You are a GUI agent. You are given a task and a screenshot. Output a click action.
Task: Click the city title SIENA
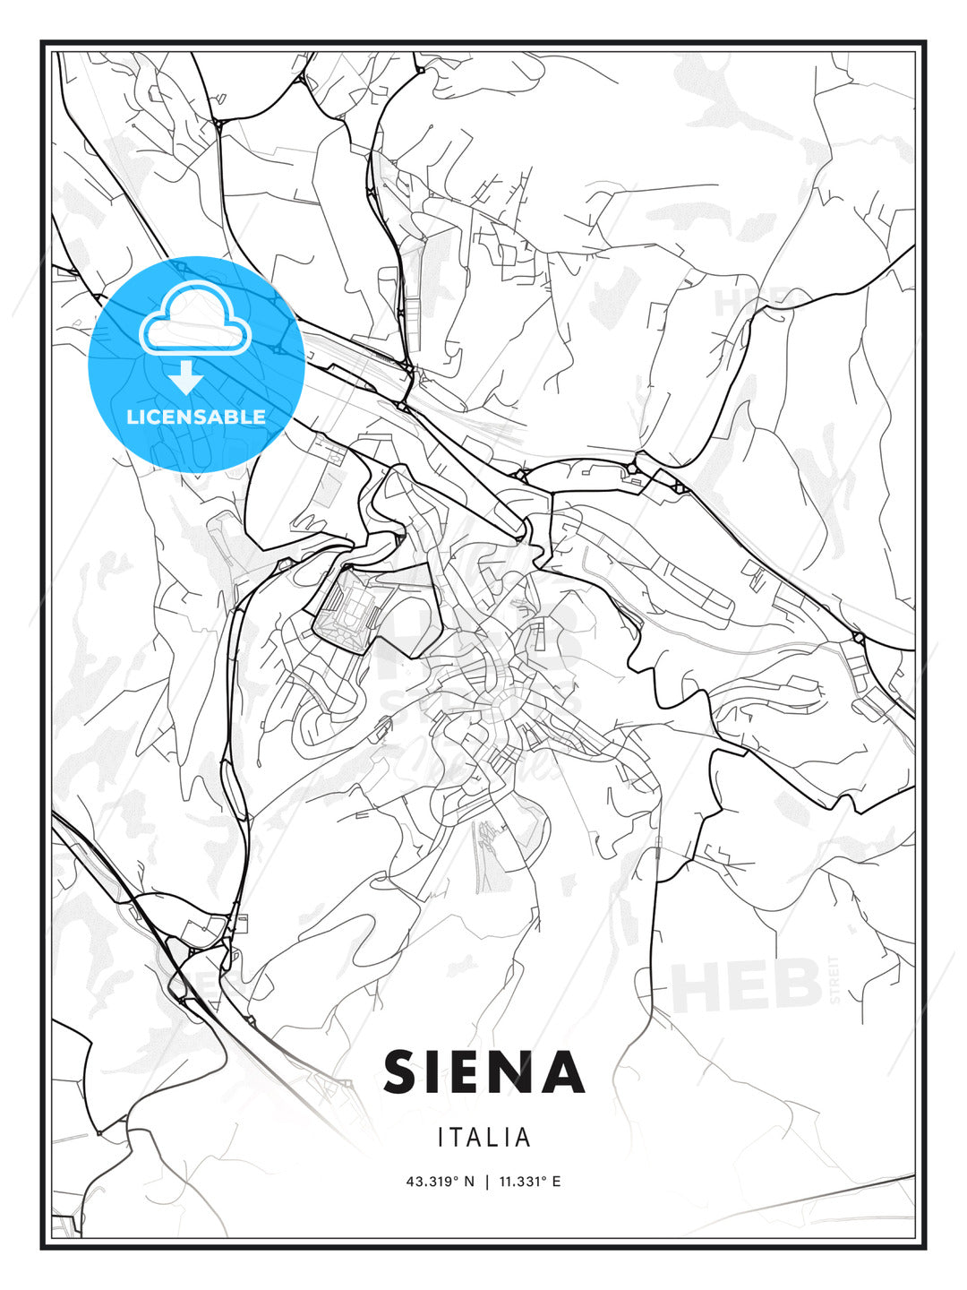click(x=483, y=1071)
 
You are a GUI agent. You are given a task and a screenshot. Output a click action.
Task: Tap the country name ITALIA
click(x=484, y=1138)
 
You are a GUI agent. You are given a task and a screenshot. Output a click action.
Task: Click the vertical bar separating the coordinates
click(x=486, y=1182)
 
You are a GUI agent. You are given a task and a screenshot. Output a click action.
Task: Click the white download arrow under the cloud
click(x=186, y=377)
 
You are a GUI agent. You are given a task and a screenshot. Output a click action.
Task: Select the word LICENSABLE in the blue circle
click(x=196, y=417)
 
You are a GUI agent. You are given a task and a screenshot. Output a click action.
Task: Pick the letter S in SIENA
click(x=405, y=1071)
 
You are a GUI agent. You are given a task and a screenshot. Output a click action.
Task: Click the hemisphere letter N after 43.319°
click(x=469, y=1182)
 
